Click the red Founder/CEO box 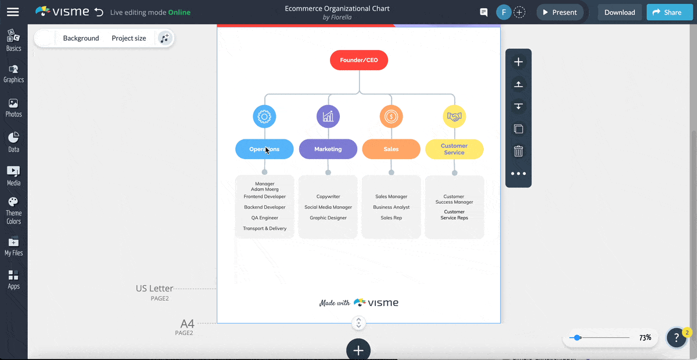point(359,60)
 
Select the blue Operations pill point(264,149)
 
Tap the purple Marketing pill point(328,149)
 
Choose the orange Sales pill point(391,149)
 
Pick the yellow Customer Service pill point(454,149)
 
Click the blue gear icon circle point(264,117)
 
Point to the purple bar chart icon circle point(328,117)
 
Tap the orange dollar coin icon point(391,117)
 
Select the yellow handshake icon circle point(454,117)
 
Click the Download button point(620,12)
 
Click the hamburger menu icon point(13,12)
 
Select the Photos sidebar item point(13,108)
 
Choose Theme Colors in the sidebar point(13,210)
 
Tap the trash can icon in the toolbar point(519,152)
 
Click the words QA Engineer point(265,218)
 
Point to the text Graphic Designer point(328,218)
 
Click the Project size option point(129,38)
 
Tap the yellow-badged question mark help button point(677,337)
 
